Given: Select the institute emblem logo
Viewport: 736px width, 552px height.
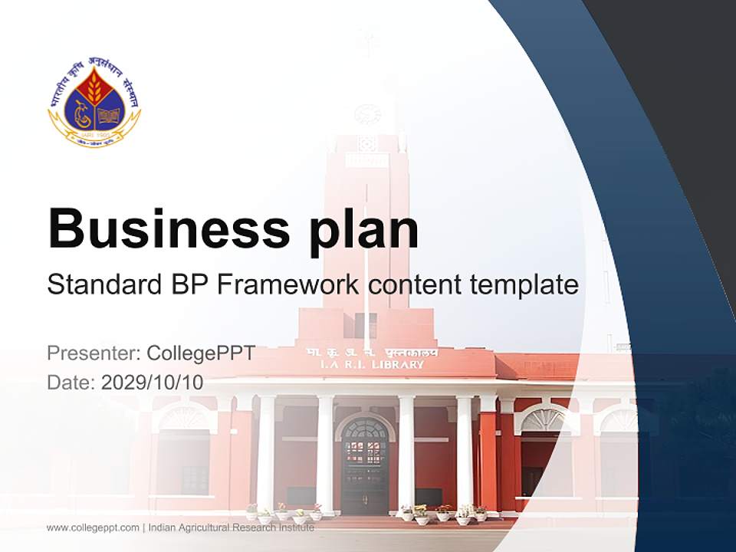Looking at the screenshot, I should pos(94,103).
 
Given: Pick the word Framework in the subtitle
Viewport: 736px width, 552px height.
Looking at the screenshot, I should pos(287,285).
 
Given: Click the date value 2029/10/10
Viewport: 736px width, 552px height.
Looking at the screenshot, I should pos(153,383).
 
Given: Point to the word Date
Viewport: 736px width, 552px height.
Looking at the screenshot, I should pos(71,383).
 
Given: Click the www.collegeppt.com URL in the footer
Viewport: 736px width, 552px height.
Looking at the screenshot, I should pos(93,527).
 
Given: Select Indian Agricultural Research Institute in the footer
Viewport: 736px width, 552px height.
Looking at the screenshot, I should pos(232,527).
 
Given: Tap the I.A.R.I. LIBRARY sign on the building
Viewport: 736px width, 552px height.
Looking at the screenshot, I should pos(372,365).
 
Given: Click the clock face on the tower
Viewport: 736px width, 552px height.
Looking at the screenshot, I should pos(367,115).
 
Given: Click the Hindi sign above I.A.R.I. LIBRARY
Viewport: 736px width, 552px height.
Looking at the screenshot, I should pos(372,352).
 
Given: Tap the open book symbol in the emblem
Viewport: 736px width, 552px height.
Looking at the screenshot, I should pos(107,116).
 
